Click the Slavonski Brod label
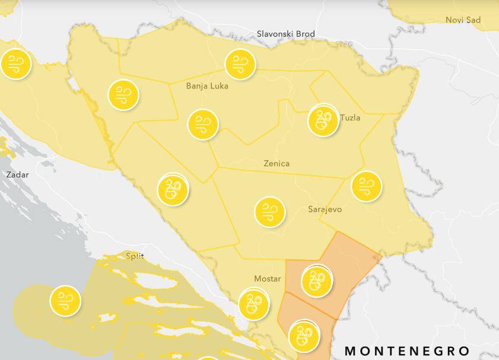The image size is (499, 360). tap(285, 34)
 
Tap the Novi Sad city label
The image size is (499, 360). tap(463, 20)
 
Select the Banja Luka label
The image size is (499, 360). tap(207, 86)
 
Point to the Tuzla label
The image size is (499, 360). tap(350, 117)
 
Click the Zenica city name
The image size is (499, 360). tap(276, 163)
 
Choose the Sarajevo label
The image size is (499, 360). tap(325, 209)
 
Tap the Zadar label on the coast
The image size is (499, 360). tap(17, 175)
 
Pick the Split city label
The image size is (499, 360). tap(135, 256)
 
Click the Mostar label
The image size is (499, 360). tap(267, 279)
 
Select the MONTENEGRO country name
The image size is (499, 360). tap(407, 351)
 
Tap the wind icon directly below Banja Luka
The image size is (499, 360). tap(203, 125)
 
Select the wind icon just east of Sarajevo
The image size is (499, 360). tap(366, 186)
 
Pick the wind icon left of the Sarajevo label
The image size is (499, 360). tap(269, 212)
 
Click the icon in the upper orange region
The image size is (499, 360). tap(316, 280)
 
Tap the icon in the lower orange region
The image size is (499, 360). tap(304, 336)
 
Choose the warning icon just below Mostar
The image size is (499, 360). tap(253, 304)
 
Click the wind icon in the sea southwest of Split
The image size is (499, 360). tap(65, 301)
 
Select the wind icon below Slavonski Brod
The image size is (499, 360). tap(240, 64)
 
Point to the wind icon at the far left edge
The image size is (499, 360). tap(15, 65)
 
